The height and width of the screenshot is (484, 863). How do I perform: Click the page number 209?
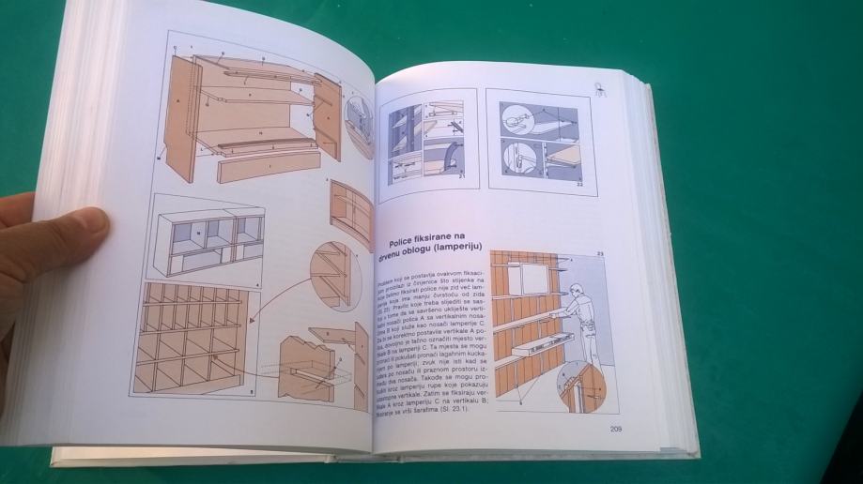point(616,430)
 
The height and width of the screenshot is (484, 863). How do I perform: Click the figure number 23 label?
point(599,253)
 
